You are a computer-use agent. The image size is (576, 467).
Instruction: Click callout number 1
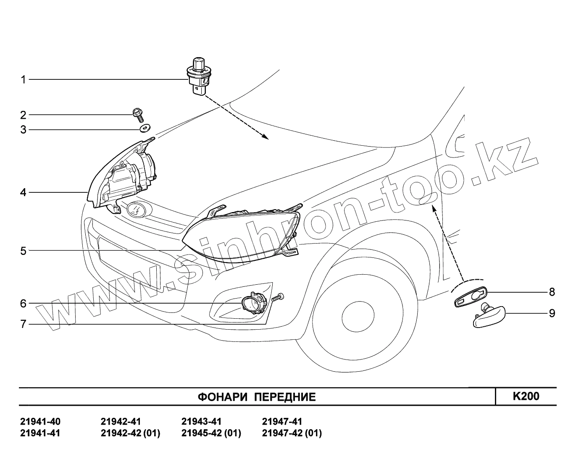pyautogui.click(x=24, y=79)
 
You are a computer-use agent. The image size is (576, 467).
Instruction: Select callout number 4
pyautogui.click(x=24, y=193)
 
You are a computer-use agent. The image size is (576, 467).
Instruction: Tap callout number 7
pyautogui.click(x=24, y=324)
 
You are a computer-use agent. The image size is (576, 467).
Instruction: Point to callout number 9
pyautogui.click(x=552, y=313)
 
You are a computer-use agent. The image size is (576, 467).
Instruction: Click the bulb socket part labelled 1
pyautogui.click(x=197, y=78)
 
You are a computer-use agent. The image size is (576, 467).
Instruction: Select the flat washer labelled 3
pyautogui.click(x=145, y=128)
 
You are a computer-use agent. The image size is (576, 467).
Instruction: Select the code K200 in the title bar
pyautogui.click(x=526, y=396)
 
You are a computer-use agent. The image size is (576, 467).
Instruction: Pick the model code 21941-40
pyautogui.click(x=40, y=421)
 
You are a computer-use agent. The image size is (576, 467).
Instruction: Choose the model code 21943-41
pyautogui.click(x=201, y=421)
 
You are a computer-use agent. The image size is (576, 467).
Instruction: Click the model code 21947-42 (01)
pyautogui.click(x=292, y=433)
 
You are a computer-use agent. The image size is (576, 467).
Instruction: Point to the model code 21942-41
pyautogui.click(x=121, y=421)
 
